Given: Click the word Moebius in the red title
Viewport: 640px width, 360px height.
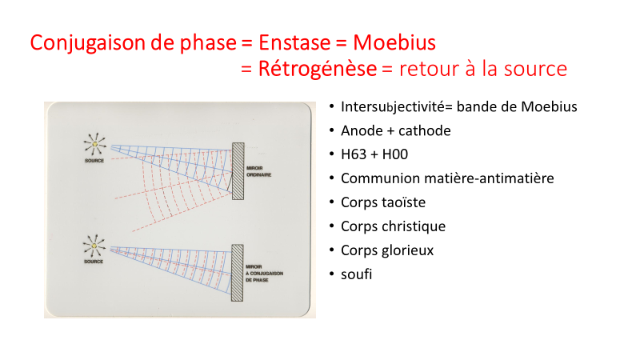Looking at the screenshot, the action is pos(394,42).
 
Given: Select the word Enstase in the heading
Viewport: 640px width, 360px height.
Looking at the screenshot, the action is pos(294,42).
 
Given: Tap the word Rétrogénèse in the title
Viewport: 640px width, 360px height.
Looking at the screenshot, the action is pos(318,68).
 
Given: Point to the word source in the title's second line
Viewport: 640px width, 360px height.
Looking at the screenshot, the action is pos(535,69).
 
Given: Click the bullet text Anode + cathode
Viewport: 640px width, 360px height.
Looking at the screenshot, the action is pos(396,130).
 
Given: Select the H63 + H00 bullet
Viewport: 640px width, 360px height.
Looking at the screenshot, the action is pos(374,154).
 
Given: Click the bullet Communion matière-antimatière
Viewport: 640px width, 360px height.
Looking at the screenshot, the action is pos(447,178).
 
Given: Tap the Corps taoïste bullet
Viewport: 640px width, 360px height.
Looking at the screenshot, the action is pos(383,202).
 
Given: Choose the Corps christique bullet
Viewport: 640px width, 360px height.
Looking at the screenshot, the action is pos(393,226).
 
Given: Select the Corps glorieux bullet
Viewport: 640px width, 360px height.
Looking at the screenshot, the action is pos(387,250).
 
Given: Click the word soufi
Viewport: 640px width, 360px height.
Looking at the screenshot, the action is pos(356,274).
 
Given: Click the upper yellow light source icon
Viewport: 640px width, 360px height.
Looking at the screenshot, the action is pos(95,144).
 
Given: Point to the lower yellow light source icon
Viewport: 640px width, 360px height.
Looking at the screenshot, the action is pos(94,246).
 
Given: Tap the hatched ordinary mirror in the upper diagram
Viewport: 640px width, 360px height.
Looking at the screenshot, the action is pos(238,171).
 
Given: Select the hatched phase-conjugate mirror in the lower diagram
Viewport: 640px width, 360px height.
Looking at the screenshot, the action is pos(237,273).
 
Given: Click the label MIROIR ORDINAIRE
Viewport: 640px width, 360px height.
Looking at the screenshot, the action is pos(258,171).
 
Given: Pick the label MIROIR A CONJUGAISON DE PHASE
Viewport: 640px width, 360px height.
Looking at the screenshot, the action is pos(264,274).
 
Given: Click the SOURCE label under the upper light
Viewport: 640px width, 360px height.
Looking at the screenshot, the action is pos(94,161).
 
